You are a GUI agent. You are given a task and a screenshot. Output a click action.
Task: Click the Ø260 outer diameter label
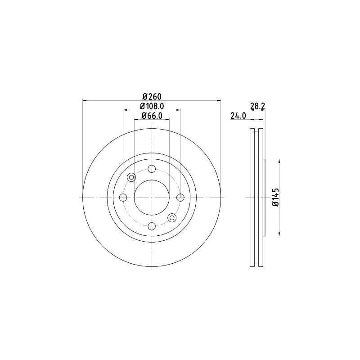coord(152,96)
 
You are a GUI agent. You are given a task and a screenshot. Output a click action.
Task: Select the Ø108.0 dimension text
coord(152,106)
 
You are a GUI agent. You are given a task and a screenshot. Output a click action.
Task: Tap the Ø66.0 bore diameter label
coord(152,116)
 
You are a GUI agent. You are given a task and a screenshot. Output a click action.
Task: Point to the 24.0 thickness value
coord(238,116)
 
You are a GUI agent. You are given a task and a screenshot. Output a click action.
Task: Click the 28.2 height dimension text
coord(257,106)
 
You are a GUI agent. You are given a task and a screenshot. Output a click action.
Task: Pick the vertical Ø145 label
coord(275,197)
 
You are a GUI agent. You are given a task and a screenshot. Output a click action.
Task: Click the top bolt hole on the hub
coord(152,169)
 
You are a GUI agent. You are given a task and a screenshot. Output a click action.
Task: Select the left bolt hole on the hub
coord(123,197)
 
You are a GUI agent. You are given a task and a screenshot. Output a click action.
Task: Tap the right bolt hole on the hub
coord(180,197)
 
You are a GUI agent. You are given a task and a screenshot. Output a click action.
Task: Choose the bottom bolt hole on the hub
coord(152,226)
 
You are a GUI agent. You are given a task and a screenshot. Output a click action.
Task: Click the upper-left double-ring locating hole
coord(131,177)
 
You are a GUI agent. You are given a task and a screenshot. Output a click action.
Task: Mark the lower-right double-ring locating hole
coord(172,218)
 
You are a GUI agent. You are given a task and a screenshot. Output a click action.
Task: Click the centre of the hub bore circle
coord(152,197)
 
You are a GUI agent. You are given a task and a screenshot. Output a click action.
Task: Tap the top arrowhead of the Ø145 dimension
coord(280,161)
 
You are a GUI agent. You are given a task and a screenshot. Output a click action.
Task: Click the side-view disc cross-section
coord(256,197)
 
